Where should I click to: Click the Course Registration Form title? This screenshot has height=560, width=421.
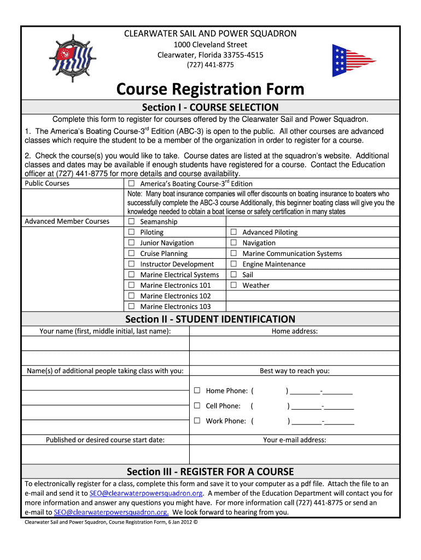pos(210,89)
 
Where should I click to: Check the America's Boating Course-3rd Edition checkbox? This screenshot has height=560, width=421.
pos(131,184)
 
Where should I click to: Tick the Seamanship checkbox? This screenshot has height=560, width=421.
pos(131,222)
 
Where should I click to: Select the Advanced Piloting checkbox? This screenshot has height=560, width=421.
pos(233,232)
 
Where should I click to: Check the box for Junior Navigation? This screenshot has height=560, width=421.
pos(131,243)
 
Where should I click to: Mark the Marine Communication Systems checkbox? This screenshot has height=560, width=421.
pos(233,254)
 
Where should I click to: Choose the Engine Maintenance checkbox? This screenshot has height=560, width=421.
pos(233,264)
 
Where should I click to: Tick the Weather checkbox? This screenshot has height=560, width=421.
pos(233,285)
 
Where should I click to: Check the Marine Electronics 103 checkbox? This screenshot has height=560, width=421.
pos(131,307)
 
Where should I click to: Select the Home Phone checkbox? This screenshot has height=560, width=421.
pos(197,390)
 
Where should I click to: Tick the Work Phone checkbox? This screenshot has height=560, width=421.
pos(197,421)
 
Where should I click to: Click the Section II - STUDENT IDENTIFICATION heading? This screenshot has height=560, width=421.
pos(210,319)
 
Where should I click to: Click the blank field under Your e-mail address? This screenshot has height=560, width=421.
pos(294,454)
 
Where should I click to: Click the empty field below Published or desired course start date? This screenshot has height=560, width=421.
pos(105,454)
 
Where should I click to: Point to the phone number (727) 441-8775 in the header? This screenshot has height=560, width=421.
pos(210,65)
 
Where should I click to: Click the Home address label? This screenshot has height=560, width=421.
pos(294,331)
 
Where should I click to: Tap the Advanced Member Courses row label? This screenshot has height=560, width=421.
pos(67,221)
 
